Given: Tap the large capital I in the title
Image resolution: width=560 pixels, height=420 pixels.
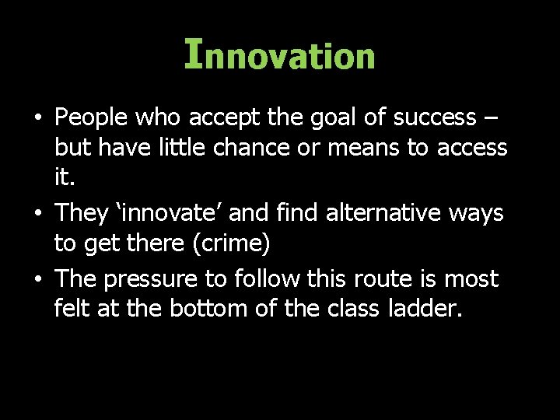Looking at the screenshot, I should click(x=194, y=54).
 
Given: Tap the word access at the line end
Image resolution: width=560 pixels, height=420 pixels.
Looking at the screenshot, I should click(x=472, y=147).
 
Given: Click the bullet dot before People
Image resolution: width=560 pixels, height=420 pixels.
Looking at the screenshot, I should click(x=37, y=118).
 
